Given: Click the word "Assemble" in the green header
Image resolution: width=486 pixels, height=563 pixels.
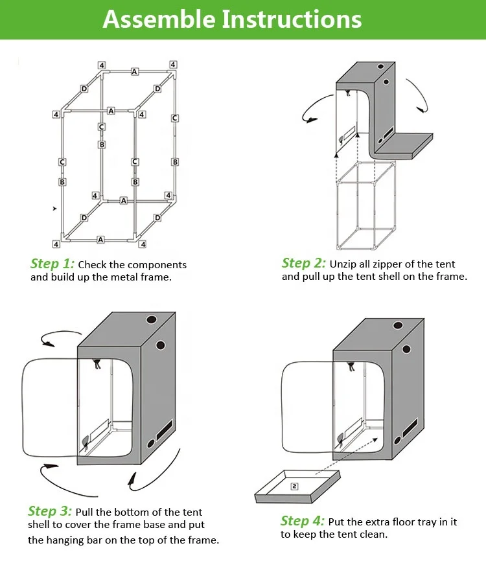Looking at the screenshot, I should (x=159, y=19).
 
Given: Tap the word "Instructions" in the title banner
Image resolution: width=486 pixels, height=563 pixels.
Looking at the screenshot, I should (x=292, y=19).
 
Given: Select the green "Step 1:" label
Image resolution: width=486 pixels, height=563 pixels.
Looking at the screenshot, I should (x=52, y=264).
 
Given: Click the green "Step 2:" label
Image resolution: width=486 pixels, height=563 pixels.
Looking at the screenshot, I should (x=304, y=263).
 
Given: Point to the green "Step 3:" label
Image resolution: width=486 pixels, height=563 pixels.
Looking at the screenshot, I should (x=50, y=512).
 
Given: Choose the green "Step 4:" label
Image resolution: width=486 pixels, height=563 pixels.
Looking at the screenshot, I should (x=303, y=522).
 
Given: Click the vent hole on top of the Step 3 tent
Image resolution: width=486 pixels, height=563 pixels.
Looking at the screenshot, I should (x=152, y=319).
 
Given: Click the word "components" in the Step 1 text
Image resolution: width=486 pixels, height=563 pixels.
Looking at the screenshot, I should (x=157, y=265).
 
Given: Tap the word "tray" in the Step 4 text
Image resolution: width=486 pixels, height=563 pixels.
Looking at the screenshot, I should (x=422, y=522).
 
